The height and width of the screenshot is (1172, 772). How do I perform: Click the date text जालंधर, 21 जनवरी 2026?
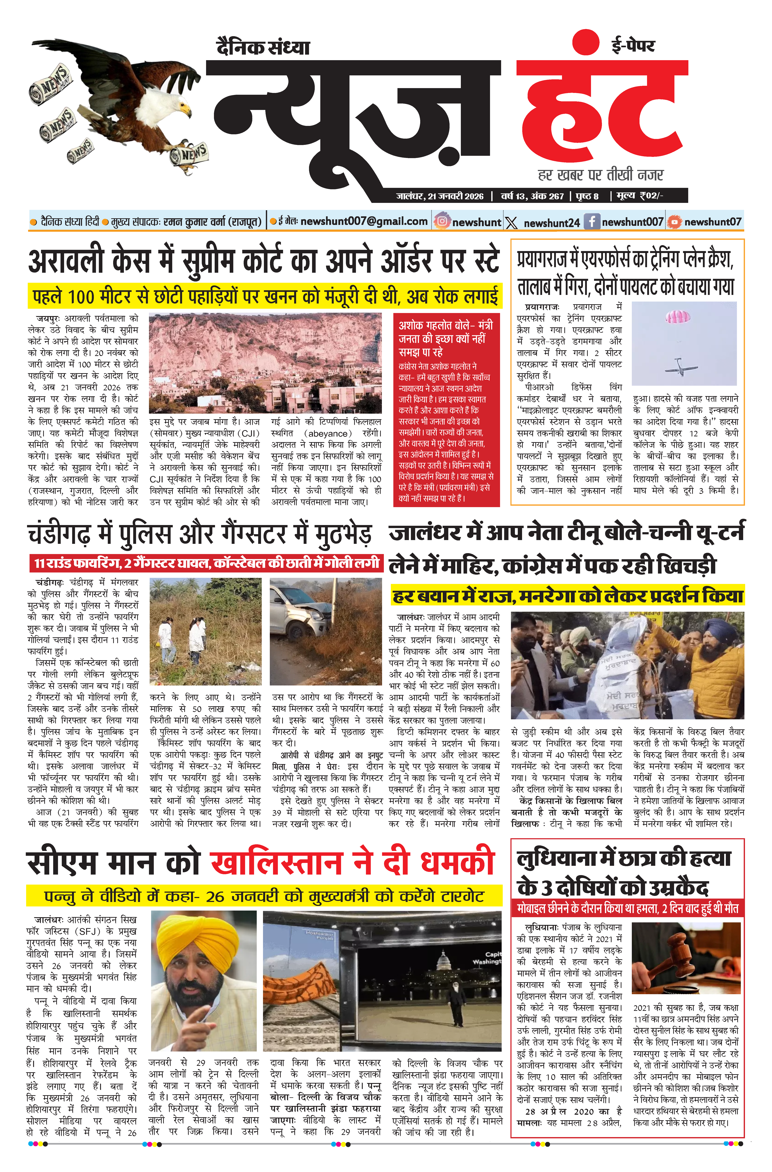point(440,196)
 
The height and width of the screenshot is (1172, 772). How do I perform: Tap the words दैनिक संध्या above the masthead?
point(263,48)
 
